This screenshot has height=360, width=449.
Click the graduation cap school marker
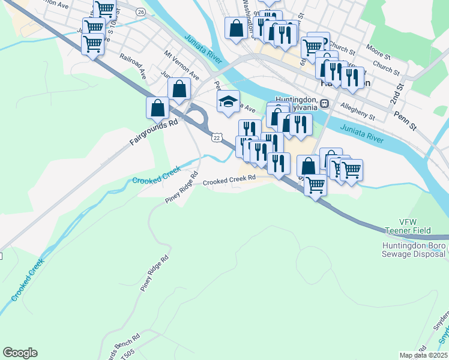coord(228,102)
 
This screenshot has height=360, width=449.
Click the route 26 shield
coord(140,11)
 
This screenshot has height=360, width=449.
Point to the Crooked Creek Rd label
coord(229,179)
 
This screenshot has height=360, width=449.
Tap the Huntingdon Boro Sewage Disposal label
coord(414,250)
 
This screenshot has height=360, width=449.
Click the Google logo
coord(20,353)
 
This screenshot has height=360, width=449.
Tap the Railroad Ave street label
coord(133,66)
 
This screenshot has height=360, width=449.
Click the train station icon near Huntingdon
coord(324,103)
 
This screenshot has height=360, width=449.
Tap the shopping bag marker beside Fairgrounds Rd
coord(157,108)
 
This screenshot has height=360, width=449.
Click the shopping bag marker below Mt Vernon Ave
coord(179,89)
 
